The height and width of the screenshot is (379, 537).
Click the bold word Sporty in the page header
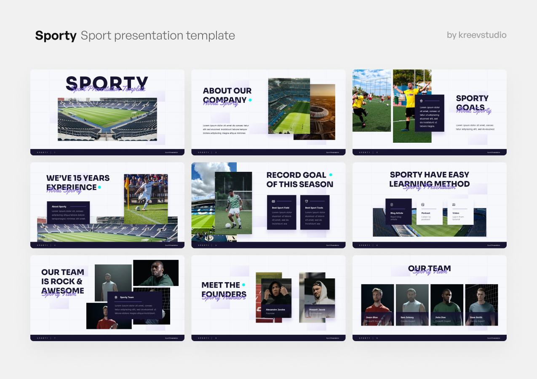[x=56, y=36]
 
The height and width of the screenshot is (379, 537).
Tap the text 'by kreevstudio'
[x=476, y=35]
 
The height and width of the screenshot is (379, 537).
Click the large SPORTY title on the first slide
[x=107, y=83]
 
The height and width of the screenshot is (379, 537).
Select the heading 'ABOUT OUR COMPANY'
[x=227, y=95]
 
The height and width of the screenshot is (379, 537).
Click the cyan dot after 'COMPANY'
[x=250, y=100]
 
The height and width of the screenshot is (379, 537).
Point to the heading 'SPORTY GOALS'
[x=472, y=102]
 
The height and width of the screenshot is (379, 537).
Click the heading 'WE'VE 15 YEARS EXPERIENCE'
[x=77, y=182]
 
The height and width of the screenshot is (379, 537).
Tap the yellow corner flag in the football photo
[x=126, y=183]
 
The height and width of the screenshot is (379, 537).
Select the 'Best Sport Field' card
[x=281, y=212]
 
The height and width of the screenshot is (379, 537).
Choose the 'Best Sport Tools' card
[x=315, y=212]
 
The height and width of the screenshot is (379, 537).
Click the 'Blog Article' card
[x=398, y=211]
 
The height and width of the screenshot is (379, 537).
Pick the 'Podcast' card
[x=429, y=211]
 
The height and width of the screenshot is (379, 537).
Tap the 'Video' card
[x=460, y=211]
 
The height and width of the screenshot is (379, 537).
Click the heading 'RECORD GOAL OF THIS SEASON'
[x=299, y=179]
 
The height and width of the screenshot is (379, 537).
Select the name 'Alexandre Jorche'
[x=275, y=310]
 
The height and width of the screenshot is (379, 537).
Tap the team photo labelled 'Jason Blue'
[x=377, y=303]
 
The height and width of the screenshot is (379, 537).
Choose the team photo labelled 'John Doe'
[x=446, y=303]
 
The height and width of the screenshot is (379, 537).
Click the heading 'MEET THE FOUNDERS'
[x=224, y=289]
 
